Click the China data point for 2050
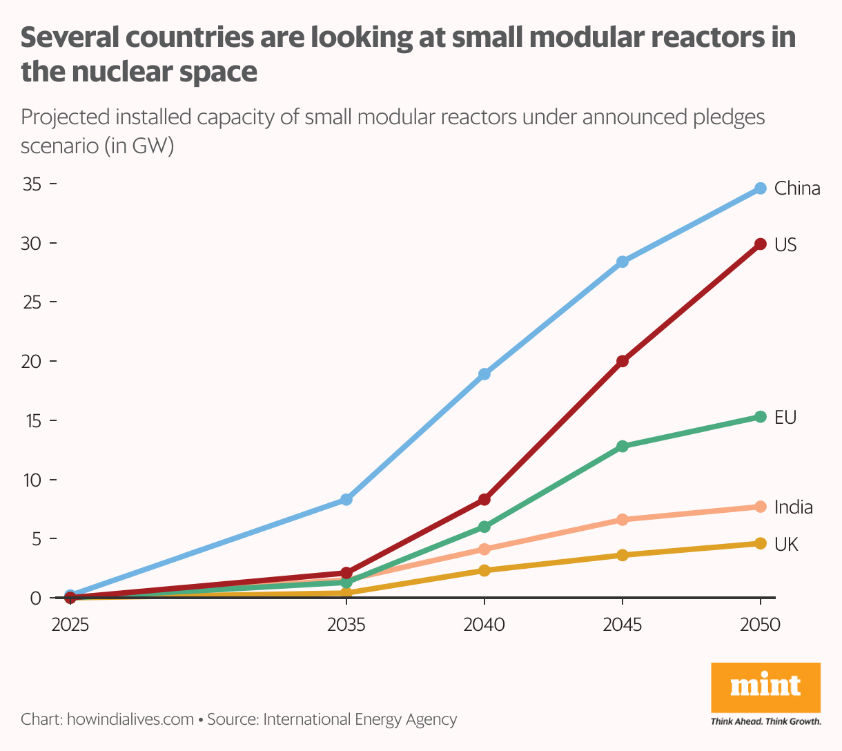pos(761,188)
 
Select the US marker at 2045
pos(623,361)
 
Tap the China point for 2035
pos(346,499)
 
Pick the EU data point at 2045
pos(623,446)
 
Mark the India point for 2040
pos(484,549)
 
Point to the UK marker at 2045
pos(623,555)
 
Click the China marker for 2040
pos(484,374)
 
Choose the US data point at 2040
pos(484,499)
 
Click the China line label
pos(797,188)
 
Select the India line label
pos(793,507)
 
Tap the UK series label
pos(786,545)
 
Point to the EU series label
pos(785,417)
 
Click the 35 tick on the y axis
pos(32,184)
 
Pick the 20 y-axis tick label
pos(32,361)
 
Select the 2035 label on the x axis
pos(346,625)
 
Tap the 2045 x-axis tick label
pos(623,625)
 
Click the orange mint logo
pos(765,687)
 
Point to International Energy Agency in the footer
pos(360,719)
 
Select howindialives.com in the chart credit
pos(130,719)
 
